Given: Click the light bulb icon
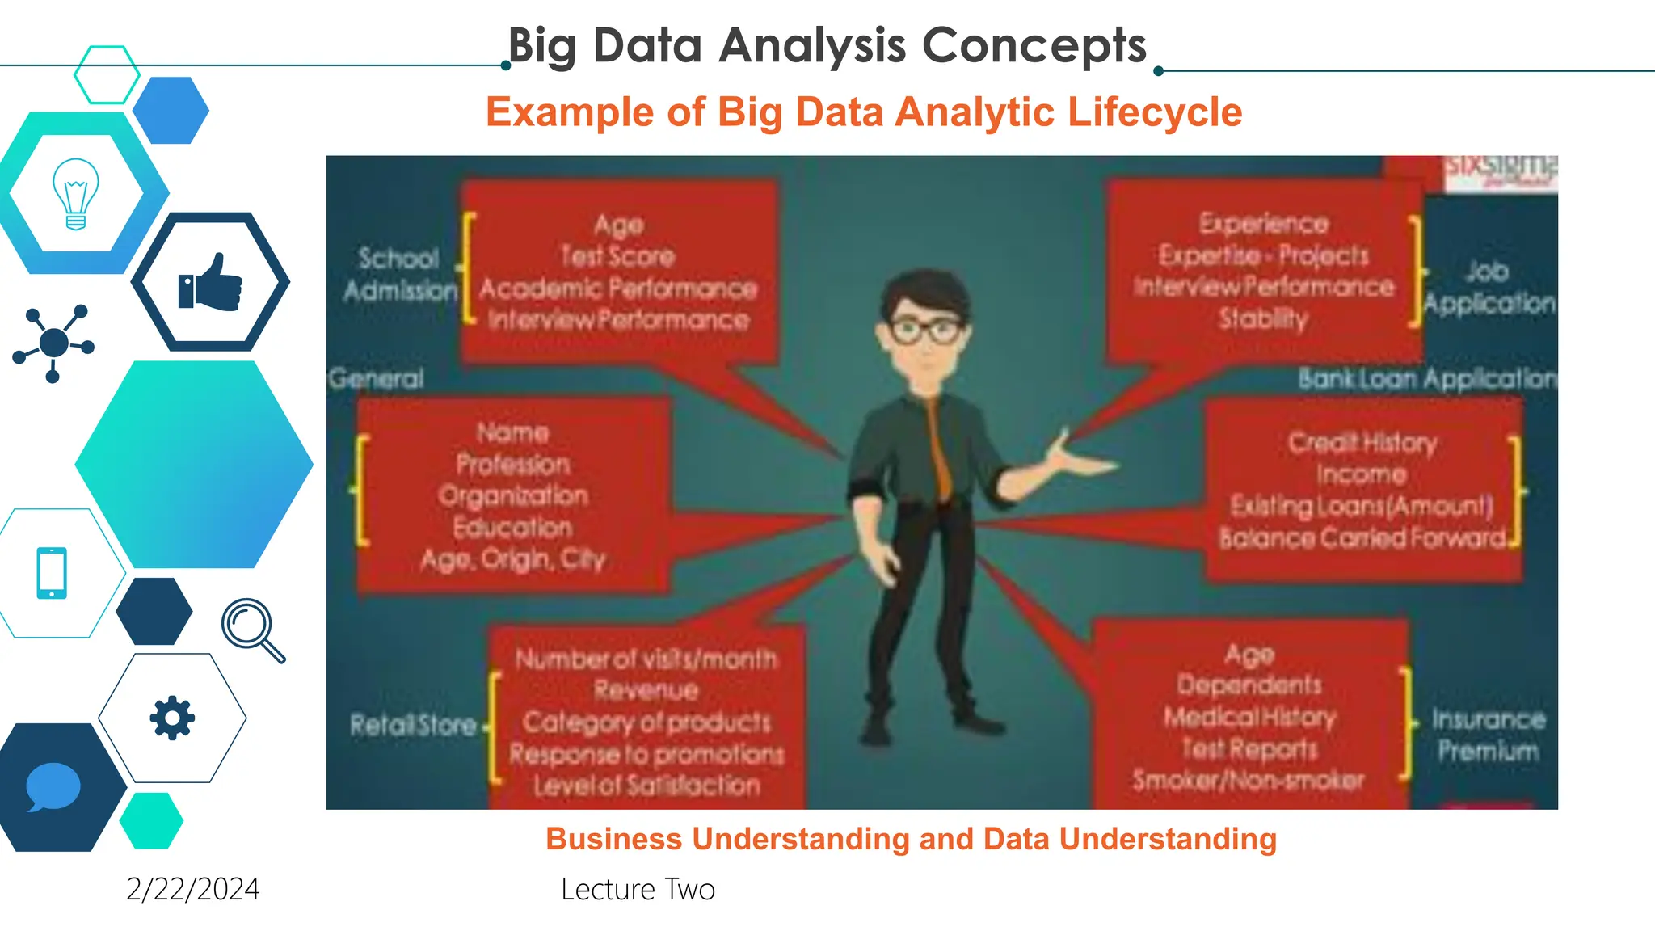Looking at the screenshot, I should coord(76,194).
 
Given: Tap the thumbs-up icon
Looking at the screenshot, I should coord(210,282).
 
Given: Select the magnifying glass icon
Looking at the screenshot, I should coord(252,630).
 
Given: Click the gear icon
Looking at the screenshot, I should coord(172,718).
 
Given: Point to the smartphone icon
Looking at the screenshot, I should coord(52,573).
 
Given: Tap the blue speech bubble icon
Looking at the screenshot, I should coord(53,786).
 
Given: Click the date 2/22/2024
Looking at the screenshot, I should coord(193,889).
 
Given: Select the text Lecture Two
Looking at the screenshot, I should coord(638,889).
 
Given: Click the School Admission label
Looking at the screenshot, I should coord(400,274).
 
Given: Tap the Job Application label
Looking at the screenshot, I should coord(1489,287).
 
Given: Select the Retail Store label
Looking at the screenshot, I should coord(413,725).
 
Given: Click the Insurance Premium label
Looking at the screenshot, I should coord(1488,735).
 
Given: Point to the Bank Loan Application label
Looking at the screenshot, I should coord(1426,378).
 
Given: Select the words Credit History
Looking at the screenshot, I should coord(1362,442).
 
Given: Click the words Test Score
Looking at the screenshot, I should coord(618,256).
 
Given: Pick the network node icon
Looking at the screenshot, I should coord(53,343).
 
